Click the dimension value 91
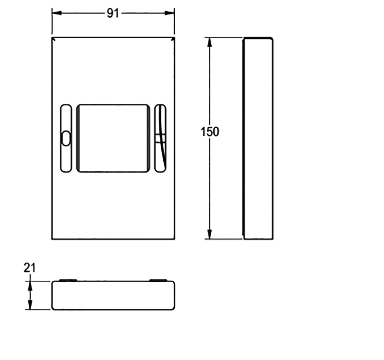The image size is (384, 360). tap(113, 13)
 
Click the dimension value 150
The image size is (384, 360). tap(210, 132)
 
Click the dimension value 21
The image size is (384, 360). tap(30, 268)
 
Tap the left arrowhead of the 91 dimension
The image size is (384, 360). tap(57, 13)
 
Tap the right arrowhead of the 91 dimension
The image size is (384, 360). tap(169, 13)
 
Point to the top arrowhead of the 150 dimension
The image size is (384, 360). tap(209, 42)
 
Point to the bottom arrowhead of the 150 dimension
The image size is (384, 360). tap(209, 234)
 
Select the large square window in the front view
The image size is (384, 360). tap(113, 138)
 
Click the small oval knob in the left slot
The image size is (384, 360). tap(66, 139)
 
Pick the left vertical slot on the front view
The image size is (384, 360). tap(66, 138)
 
